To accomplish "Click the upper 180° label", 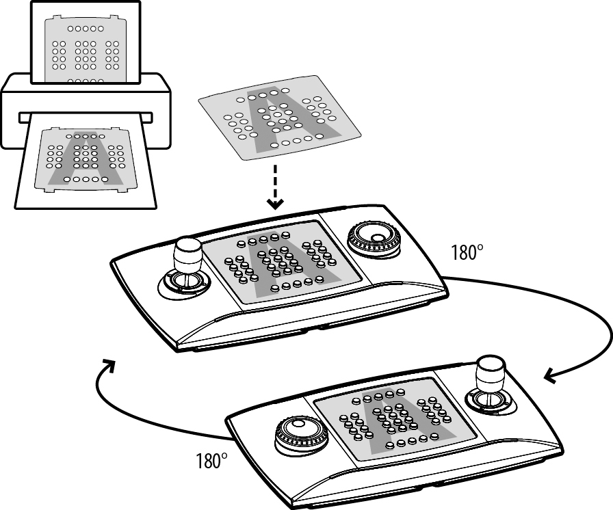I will point(467,252).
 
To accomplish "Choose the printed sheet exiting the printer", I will point(86,158).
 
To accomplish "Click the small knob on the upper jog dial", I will point(378,238).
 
